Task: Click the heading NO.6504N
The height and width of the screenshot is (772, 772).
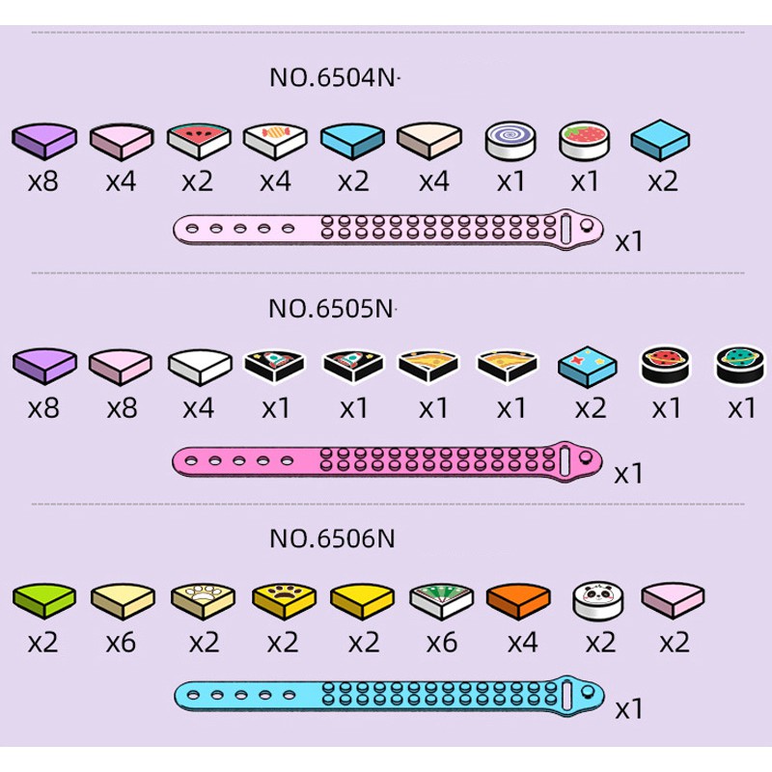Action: tap(332, 77)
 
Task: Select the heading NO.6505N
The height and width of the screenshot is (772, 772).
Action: tap(331, 309)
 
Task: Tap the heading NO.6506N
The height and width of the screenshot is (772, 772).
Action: tap(332, 538)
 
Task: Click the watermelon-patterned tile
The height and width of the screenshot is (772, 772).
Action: tap(199, 141)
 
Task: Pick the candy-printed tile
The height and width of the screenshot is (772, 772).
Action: tap(275, 141)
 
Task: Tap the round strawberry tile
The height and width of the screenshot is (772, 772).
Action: tap(585, 140)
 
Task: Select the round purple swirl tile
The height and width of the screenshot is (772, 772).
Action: tap(510, 141)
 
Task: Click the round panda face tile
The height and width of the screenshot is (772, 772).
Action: tap(598, 601)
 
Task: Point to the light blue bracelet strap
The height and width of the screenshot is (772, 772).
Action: tap(389, 694)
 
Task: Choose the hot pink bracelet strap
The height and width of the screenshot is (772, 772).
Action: tap(387, 461)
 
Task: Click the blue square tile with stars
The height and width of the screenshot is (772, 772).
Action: tap(588, 367)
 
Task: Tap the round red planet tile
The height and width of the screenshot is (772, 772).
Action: tap(665, 365)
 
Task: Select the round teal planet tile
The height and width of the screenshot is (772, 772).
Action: tap(741, 365)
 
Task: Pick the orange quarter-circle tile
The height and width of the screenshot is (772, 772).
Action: tap(518, 601)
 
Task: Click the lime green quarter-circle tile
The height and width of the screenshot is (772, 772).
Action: tap(44, 601)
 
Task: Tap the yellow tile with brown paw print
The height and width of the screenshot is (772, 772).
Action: tap(284, 601)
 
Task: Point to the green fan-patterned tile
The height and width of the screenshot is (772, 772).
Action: tap(442, 601)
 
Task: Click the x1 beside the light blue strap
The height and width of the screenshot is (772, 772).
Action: tap(629, 709)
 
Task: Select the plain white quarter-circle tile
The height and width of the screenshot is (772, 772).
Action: tap(200, 367)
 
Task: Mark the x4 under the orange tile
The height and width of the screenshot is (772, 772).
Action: tap(522, 643)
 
